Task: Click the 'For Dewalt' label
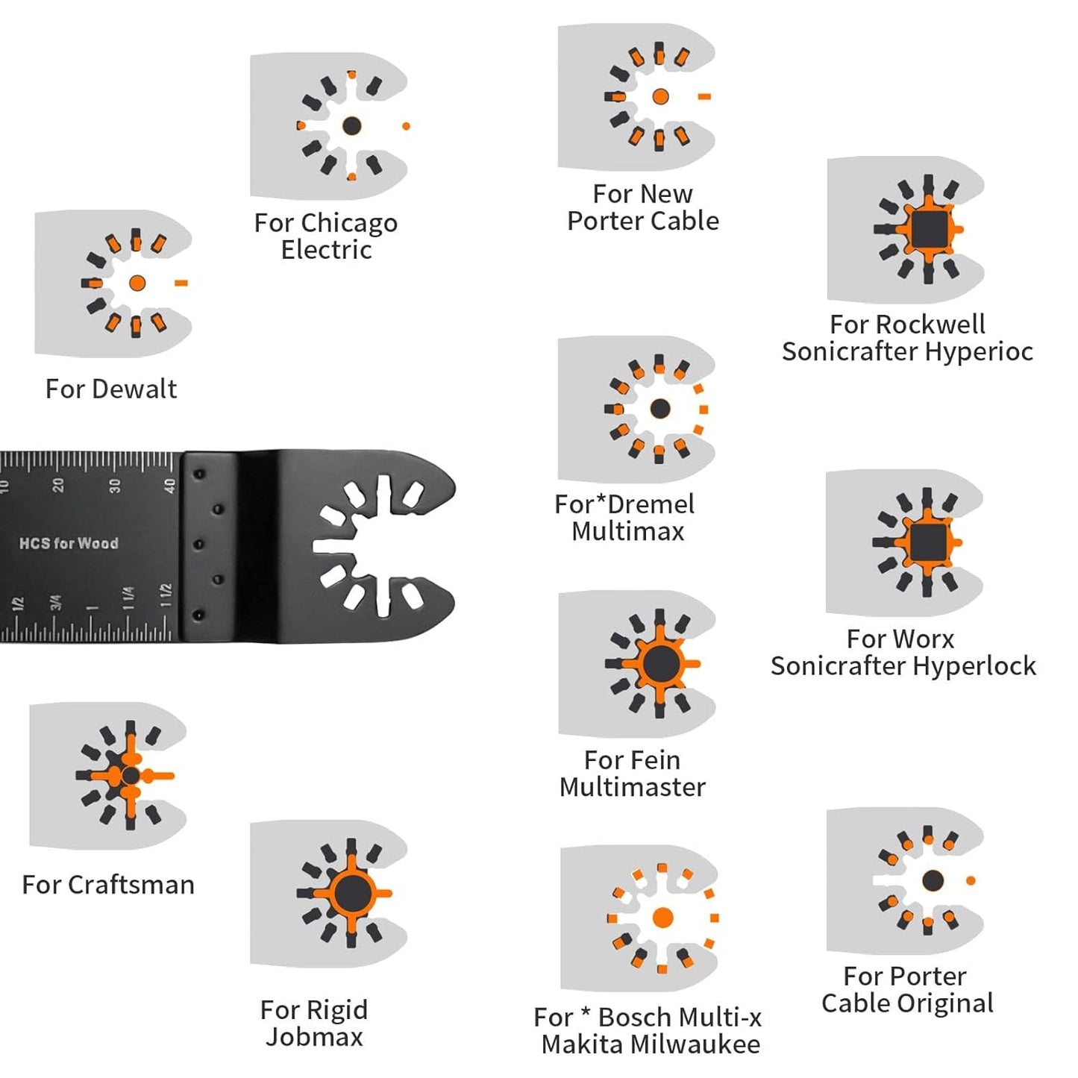111,389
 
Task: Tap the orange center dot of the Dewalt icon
137,283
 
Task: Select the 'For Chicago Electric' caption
326,236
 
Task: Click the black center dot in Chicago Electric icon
351,125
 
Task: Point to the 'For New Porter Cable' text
642,207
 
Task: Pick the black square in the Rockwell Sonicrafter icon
928,229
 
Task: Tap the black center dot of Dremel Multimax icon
659,408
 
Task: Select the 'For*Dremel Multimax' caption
625,518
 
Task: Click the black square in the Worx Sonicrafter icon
927,542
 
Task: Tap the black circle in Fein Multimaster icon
659,663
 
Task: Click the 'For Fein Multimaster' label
632,773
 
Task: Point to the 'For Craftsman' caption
108,885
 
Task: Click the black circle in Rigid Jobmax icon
351,893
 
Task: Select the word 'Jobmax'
314,1037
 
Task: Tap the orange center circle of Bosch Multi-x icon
662,918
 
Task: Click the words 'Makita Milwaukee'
651,1044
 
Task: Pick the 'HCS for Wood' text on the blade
69,543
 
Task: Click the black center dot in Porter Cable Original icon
933,880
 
